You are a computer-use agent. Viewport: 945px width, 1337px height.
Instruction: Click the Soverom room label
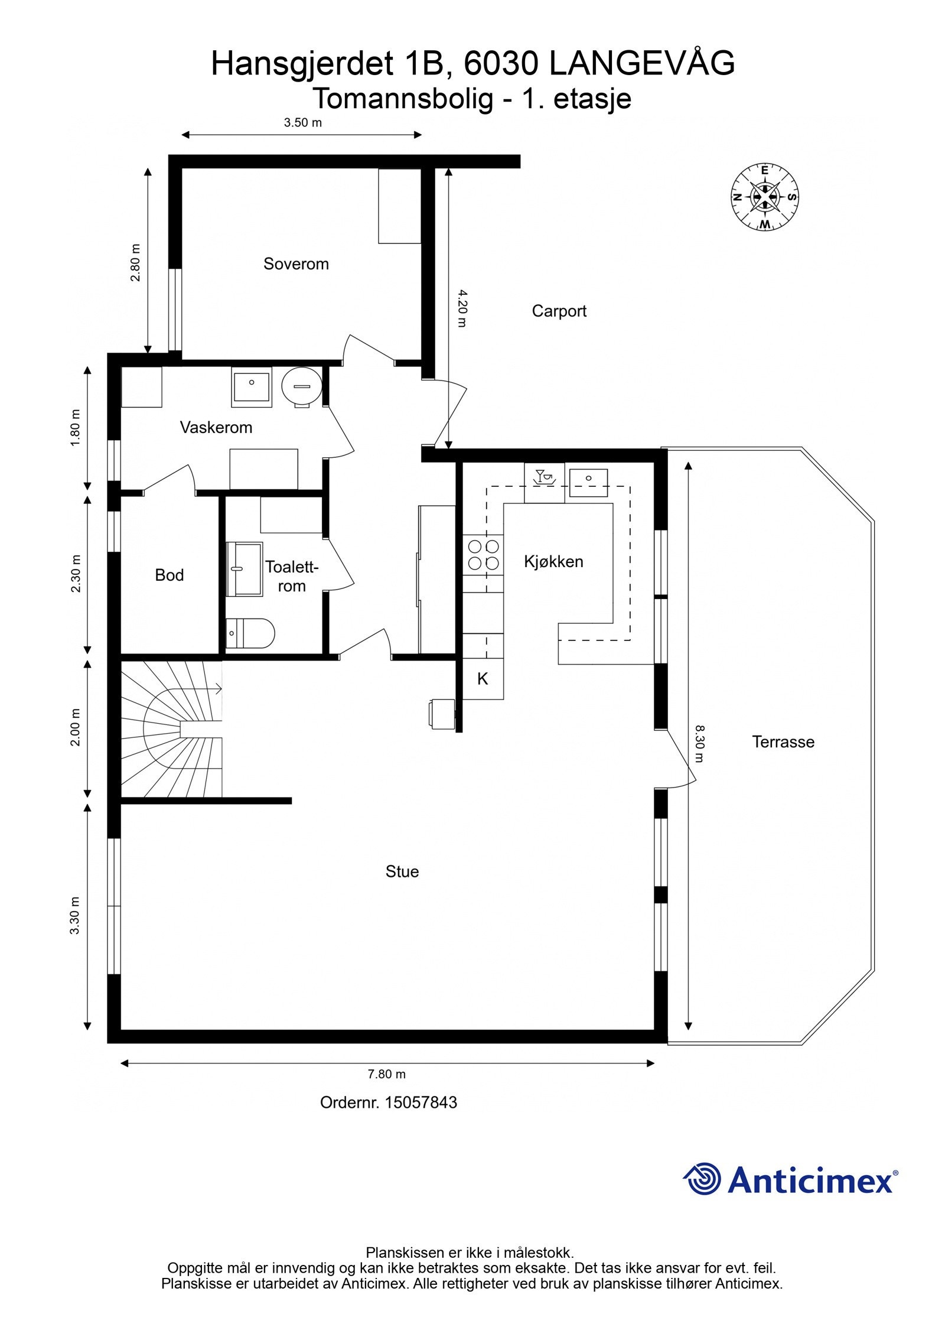tap(296, 264)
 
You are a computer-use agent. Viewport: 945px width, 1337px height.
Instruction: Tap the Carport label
tap(559, 311)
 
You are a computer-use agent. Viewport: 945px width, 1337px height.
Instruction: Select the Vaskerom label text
tap(216, 427)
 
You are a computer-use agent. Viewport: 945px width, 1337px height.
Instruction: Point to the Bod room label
tap(169, 575)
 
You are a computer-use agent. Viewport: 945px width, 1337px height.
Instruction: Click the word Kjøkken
tap(553, 561)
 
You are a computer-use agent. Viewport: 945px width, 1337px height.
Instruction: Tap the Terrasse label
tap(783, 742)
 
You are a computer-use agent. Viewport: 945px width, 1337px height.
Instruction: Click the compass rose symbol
tap(764, 197)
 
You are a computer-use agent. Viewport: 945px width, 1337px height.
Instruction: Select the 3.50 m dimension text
tap(302, 123)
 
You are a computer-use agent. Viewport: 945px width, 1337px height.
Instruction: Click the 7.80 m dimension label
tap(387, 1074)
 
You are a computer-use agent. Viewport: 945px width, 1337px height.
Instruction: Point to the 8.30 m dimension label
tap(699, 744)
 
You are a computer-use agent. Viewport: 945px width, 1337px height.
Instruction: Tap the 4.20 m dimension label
tap(462, 308)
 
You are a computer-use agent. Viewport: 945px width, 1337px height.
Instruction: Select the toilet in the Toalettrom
tap(250, 633)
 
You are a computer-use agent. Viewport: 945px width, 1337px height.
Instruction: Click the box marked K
tap(483, 679)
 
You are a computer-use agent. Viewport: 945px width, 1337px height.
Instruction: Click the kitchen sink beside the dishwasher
tap(588, 482)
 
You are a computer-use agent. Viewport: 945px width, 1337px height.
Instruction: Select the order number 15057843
tap(421, 1102)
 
